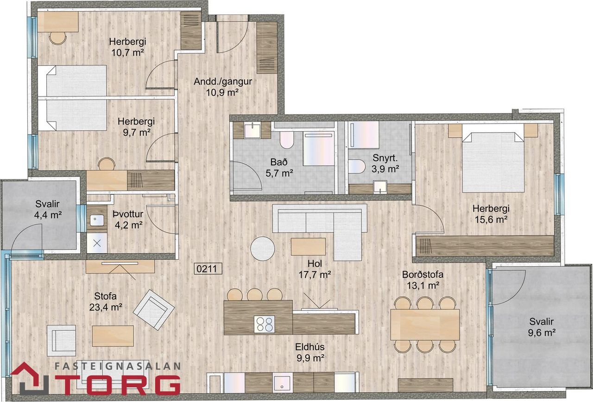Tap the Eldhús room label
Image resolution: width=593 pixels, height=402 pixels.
[310, 347]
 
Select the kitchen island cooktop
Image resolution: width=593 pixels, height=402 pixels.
[264, 324]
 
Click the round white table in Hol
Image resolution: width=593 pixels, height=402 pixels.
[263, 249]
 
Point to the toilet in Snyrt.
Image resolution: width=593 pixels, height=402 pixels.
[357, 166]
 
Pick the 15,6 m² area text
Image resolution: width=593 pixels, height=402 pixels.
[491, 220]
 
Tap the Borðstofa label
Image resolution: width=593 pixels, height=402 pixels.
[423, 274]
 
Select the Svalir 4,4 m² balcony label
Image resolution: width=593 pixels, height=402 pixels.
[48, 210]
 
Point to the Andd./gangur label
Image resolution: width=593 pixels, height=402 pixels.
[223, 81]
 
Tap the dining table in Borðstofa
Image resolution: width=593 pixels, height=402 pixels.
[425, 324]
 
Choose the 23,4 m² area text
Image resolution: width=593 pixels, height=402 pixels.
[106, 307]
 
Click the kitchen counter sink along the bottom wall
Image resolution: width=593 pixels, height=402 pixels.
[283, 383]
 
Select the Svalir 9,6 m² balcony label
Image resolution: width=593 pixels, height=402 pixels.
[542, 327]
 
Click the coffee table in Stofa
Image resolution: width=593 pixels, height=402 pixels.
[113, 336]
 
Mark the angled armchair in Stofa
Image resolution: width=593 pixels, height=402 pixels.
[154, 310]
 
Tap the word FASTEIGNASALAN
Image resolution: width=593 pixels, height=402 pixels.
[118, 366]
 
